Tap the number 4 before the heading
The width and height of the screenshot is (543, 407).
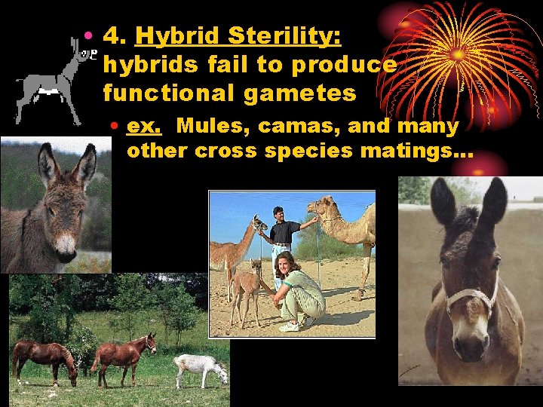[x=112, y=35]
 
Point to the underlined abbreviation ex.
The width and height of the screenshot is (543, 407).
[x=140, y=125]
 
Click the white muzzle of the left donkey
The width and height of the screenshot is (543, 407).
[x=66, y=246]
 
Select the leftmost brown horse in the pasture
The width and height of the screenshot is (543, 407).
[x=44, y=357]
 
